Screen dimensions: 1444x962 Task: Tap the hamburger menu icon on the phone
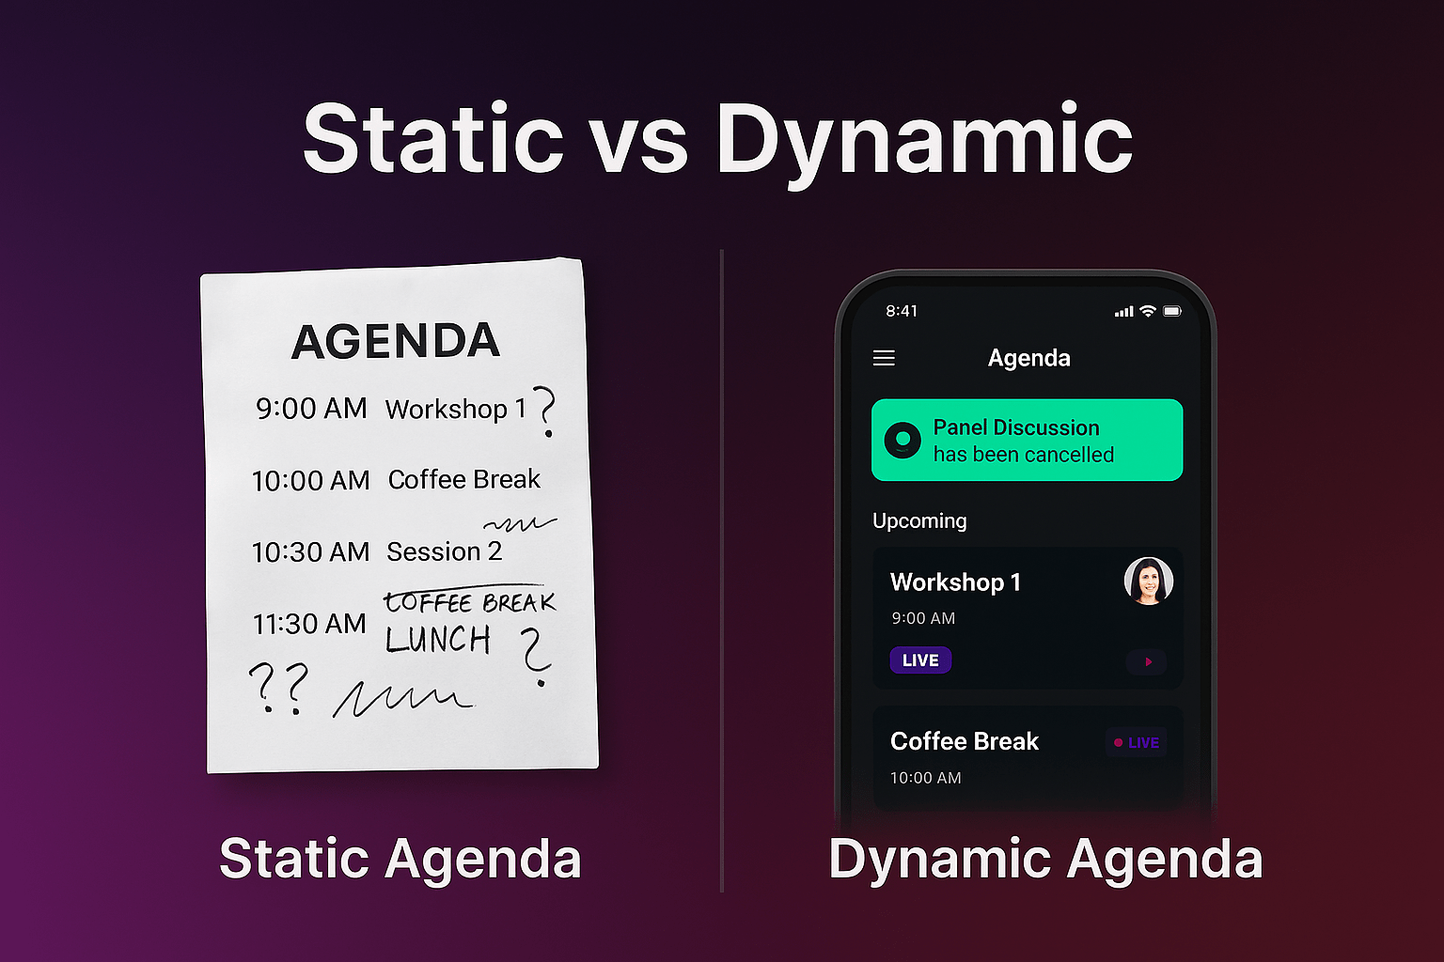pos(884,358)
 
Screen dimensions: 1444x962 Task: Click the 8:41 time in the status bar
pos(902,311)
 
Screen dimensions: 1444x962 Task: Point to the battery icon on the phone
pos(1172,311)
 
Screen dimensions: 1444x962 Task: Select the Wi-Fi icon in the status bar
pos(1148,311)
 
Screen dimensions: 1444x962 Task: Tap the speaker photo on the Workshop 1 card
pos(1148,582)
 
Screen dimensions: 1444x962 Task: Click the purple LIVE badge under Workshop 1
pos(920,659)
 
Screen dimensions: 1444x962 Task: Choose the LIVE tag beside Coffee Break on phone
pos(1137,743)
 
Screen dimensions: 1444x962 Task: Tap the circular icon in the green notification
pos(902,440)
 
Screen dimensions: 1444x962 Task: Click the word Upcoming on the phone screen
pos(919,520)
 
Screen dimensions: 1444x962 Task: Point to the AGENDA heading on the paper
pos(395,341)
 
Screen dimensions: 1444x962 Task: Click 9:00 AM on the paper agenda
pos(311,409)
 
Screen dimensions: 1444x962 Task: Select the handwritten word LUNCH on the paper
pos(438,639)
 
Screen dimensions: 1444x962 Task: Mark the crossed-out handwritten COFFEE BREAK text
pos(469,602)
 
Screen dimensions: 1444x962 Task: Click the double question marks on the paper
pos(278,689)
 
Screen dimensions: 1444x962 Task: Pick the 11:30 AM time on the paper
pos(309,624)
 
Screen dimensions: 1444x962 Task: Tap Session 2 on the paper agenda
pos(444,551)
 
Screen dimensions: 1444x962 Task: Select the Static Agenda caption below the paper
pos(400,859)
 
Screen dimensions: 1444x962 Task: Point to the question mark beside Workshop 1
pos(545,411)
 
